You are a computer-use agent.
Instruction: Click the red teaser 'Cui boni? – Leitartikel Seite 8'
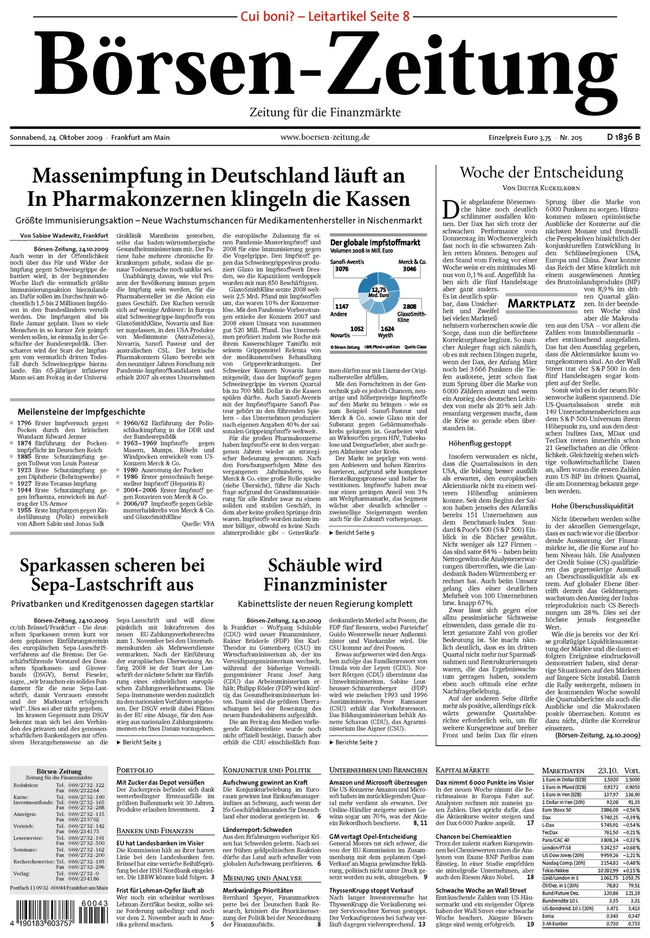click(324, 16)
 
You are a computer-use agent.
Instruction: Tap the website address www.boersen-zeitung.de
click(324, 137)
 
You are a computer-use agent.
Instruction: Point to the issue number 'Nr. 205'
click(571, 138)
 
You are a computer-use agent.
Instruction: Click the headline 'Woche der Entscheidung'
click(541, 173)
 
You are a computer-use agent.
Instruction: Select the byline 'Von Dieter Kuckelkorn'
click(541, 188)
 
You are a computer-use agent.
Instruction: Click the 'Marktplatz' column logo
click(541, 303)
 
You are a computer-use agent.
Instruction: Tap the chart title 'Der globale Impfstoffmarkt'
click(375, 243)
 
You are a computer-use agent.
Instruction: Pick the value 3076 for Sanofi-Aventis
click(341, 269)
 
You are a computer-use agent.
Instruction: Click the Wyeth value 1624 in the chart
click(387, 328)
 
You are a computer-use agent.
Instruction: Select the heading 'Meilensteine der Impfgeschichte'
click(81, 412)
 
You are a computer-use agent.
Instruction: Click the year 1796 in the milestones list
click(24, 423)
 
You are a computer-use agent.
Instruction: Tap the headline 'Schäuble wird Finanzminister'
click(325, 575)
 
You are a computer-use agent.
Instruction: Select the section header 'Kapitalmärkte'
click(462, 770)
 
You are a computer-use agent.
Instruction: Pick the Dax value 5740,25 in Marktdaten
click(609, 817)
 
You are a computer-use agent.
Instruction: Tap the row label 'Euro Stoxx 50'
click(557, 810)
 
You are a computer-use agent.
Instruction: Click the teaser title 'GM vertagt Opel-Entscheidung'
click(373, 836)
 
